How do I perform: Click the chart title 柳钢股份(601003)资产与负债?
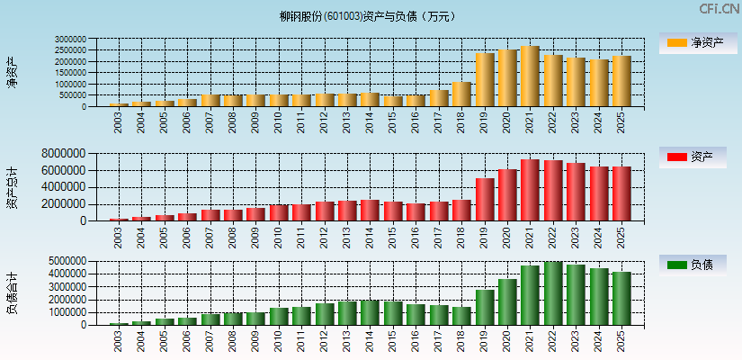(367, 16)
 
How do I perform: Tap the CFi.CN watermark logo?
(719, 9)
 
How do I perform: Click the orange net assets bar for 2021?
(530, 76)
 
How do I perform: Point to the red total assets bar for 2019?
(485, 199)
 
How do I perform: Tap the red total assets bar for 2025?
(621, 193)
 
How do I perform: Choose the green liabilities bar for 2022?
(553, 293)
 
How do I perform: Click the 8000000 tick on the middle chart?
(65, 154)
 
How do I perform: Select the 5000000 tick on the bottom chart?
(65, 261)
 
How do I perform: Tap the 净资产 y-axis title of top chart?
(11, 72)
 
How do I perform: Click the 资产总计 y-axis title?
(11, 186)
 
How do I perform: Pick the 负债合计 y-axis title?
(11, 293)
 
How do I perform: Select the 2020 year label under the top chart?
(507, 121)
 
